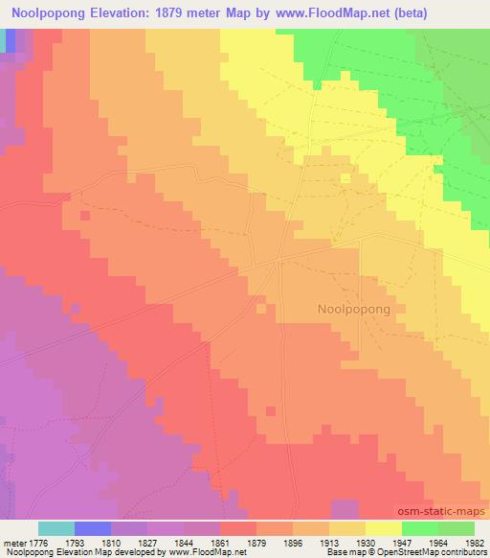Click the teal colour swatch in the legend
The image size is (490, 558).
[x=56, y=528]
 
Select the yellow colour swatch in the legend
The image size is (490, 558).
[x=384, y=528]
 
